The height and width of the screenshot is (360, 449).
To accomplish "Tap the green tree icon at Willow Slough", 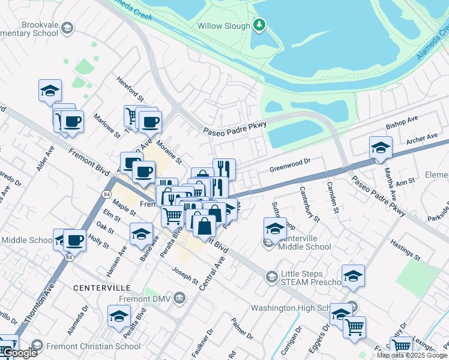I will pos(259,25).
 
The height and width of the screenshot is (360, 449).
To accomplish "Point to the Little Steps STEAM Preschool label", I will pos(312,277).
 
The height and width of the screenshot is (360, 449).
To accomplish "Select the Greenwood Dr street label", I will pos(289,161).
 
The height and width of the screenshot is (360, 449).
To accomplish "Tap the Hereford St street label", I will pos(131,89).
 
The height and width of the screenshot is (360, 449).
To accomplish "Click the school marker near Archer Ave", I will pos(381,147).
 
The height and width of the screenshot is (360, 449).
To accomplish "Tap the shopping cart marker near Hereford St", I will pos(132,116).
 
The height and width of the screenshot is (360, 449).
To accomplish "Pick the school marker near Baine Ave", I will pos(142,233).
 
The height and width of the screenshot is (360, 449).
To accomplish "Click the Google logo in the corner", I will pos(19,353).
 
